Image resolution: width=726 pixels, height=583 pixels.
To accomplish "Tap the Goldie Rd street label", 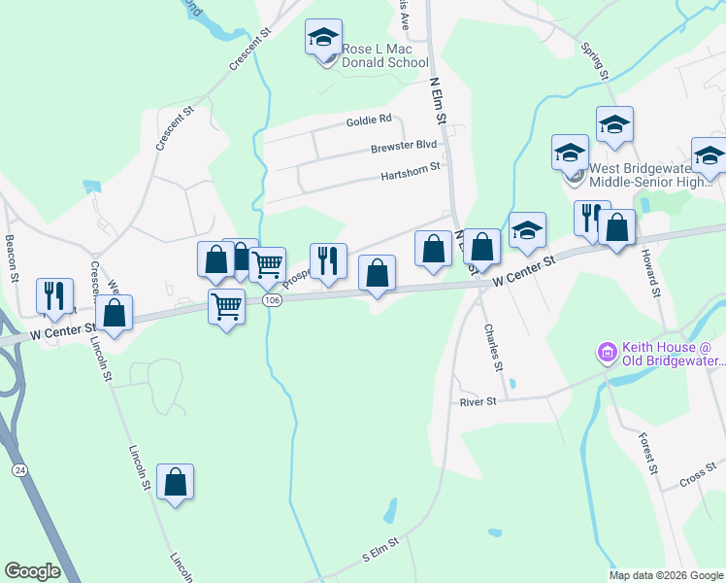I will (368, 120).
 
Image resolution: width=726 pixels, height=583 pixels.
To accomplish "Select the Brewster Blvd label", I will (404, 147).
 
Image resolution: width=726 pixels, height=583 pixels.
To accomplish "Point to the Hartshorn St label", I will (411, 166).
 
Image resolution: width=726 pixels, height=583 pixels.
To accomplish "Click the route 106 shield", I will (272, 300).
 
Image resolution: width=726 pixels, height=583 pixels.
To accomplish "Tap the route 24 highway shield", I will (18, 470).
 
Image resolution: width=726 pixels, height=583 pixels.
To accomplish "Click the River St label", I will (478, 400).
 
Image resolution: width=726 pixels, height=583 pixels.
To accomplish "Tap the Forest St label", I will (648, 454).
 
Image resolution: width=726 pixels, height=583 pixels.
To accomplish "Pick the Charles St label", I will (492, 347).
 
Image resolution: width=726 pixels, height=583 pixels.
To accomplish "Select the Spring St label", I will (594, 60).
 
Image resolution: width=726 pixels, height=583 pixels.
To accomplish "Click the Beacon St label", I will (13, 257).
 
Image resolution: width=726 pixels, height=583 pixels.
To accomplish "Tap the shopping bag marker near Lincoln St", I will (175, 483).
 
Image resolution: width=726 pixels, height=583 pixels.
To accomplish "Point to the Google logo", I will (32, 571).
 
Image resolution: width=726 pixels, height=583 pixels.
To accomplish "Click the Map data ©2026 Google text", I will (665, 575).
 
